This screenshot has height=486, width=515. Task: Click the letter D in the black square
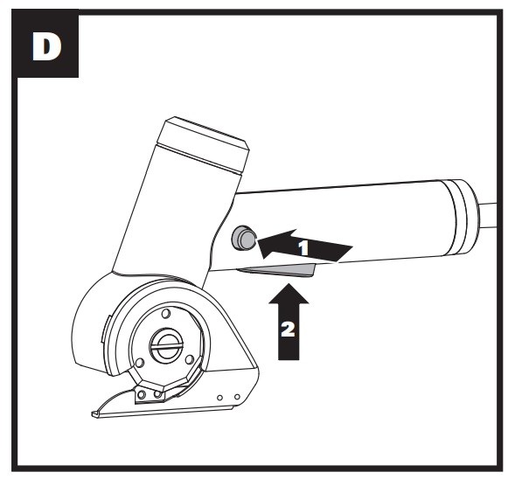pos(46,47)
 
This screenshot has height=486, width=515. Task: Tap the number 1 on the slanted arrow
pos(303,248)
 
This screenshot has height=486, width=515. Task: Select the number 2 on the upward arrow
pos(288,330)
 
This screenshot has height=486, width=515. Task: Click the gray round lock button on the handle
pos(243,238)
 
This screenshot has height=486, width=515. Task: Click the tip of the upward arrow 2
pos(289,284)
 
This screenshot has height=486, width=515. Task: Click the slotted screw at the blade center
pos(166,345)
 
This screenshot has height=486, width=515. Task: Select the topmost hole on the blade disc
pos(166,313)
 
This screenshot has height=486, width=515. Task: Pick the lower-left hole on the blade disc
pos(140,363)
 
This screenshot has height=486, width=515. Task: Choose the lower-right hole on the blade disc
pos(190,359)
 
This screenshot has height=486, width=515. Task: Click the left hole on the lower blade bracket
pos(142,394)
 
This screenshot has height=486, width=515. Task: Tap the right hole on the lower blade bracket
pos(158,393)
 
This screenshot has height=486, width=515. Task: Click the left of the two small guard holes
pos(220,398)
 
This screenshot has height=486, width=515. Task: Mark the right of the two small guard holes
pos(237,397)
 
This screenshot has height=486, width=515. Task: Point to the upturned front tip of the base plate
pos(94,414)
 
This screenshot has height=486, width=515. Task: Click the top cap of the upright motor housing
pos(204,142)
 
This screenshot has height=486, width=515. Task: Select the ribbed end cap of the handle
pos(462,217)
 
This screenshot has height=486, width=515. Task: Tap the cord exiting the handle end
pos(488,215)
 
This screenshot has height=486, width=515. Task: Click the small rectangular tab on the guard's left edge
pos(105,329)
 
